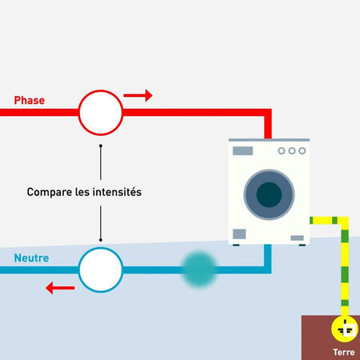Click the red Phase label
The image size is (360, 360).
(30, 100)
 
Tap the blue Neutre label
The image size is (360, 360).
(31, 258)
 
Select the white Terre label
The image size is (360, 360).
(344, 352)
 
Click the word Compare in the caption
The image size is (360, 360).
(50, 192)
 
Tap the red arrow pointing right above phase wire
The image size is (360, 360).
(138, 95)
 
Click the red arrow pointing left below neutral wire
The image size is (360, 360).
(60, 288)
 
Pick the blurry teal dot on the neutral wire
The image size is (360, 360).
(199, 270)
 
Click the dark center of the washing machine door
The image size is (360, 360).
(269, 194)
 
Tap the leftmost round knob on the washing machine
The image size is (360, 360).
(282, 150)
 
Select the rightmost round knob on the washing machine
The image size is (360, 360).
(302, 150)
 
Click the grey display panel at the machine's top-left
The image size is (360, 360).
(242, 150)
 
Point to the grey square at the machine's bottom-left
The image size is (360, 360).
(239, 234)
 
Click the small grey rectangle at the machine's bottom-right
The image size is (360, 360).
(297, 238)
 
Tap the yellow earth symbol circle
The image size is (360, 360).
(345, 329)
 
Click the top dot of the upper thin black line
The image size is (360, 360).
(101, 146)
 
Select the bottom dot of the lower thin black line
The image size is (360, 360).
(101, 240)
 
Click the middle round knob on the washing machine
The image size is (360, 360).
(292, 150)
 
